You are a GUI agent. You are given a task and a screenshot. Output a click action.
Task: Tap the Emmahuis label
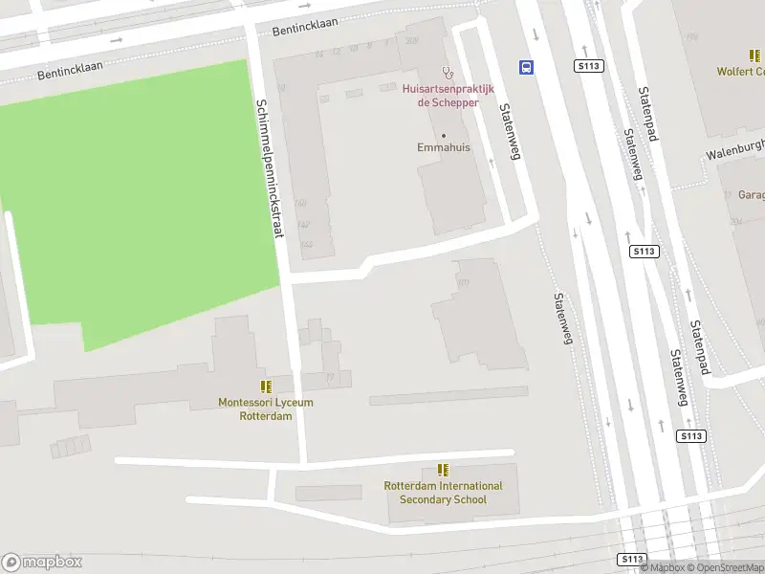pyautogui.click(x=444, y=148)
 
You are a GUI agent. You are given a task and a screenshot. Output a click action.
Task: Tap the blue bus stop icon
pyautogui.click(x=526, y=67)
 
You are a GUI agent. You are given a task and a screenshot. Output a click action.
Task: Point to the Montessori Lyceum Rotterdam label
pyautogui.click(x=266, y=408)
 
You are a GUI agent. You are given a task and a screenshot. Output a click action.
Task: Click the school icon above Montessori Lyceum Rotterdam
pyautogui.click(x=266, y=386)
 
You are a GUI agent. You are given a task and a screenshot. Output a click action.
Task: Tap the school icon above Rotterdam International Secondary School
pyautogui.click(x=443, y=469)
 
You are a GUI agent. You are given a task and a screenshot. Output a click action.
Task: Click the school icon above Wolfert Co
pyautogui.click(x=755, y=55)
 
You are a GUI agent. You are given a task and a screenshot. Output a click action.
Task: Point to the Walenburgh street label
pyautogui.click(x=735, y=149)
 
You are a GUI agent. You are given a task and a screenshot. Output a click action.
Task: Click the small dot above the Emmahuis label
pyautogui.click(x=444, y=135)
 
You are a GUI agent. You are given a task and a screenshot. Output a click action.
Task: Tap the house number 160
pyautogui.click(x=301, y=203)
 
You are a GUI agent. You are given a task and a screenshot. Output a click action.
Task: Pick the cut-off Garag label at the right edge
pyautogui.click(x=751, y=195)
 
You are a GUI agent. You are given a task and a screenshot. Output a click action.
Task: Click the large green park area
pyautogui.click(x=143, y=201)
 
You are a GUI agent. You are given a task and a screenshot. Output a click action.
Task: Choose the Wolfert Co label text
pyautogui.click(x=741, y=72)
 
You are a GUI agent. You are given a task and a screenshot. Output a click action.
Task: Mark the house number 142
pyautogui.click(x=304, y=225)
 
